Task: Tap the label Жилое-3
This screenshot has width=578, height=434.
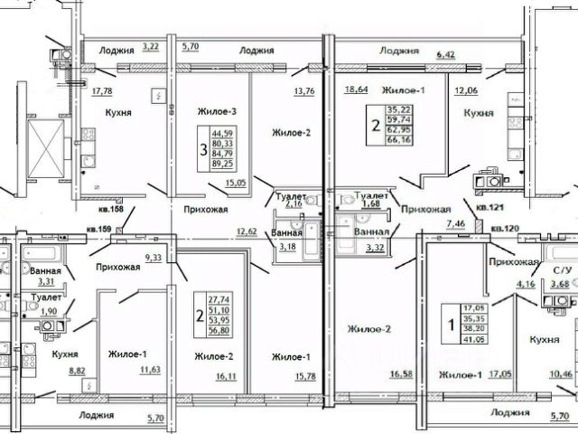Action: [216, 112]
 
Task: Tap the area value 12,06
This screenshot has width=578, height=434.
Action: [467, 91]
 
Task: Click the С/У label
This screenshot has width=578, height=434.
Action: [563, 270]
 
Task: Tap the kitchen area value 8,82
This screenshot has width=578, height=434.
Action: [79, 369]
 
